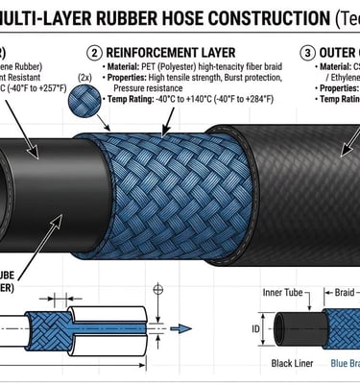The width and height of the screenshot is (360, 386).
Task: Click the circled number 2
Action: (x=95, y=52)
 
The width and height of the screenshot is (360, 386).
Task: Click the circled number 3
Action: (x=307, y=52)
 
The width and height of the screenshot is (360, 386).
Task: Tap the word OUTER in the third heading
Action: (x=342, y=52)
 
